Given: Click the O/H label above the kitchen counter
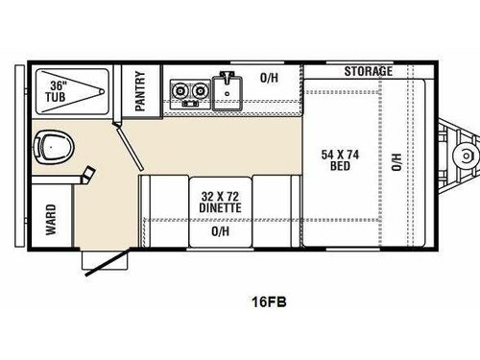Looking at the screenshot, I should [271, 78].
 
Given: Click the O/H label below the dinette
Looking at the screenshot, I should [221, 231].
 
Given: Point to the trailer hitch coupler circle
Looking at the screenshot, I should [468, 156].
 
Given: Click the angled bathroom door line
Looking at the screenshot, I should [129, 154].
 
